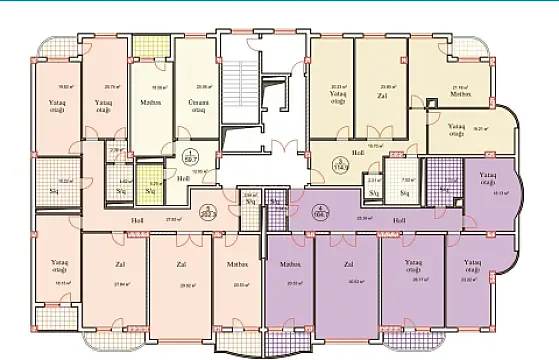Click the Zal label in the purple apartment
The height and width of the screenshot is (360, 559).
click(x=348, y=266)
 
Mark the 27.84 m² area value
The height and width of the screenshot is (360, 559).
click(x=96, y=285)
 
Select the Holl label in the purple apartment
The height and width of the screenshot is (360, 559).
click(x=398, y=220)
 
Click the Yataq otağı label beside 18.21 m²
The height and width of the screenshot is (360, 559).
click(x=456, y=128)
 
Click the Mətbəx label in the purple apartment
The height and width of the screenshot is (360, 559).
click(x=291, y=266)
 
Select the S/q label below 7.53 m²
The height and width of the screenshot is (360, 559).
click(x=406, y=192)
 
